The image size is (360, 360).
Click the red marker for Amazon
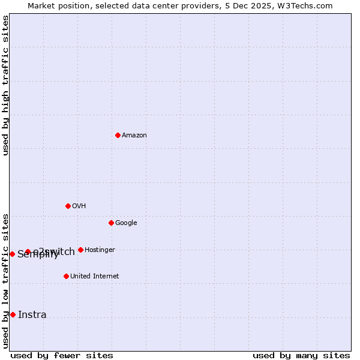point(118,135)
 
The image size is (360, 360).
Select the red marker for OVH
point(68,206)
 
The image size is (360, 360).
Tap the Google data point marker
point(111,223)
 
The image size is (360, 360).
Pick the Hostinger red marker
point(80,250)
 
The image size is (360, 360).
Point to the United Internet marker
point(66,276)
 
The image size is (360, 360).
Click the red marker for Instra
point(13,314)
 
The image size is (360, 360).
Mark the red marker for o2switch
point(28,251)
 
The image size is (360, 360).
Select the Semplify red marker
point(12,254)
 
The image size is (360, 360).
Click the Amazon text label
point(134,136)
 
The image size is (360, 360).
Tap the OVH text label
point(79,206)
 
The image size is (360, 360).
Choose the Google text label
point(126,223)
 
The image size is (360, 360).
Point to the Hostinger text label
point(100,250)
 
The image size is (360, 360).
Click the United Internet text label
point(95,277)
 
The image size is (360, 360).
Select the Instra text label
point(32,315)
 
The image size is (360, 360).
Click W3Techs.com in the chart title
point(307,5)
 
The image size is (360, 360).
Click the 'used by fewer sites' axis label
point(62,355)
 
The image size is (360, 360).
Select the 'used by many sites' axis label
point(301,355)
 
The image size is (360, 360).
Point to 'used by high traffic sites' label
point(5,85)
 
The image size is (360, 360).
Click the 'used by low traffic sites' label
point(5,281)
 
